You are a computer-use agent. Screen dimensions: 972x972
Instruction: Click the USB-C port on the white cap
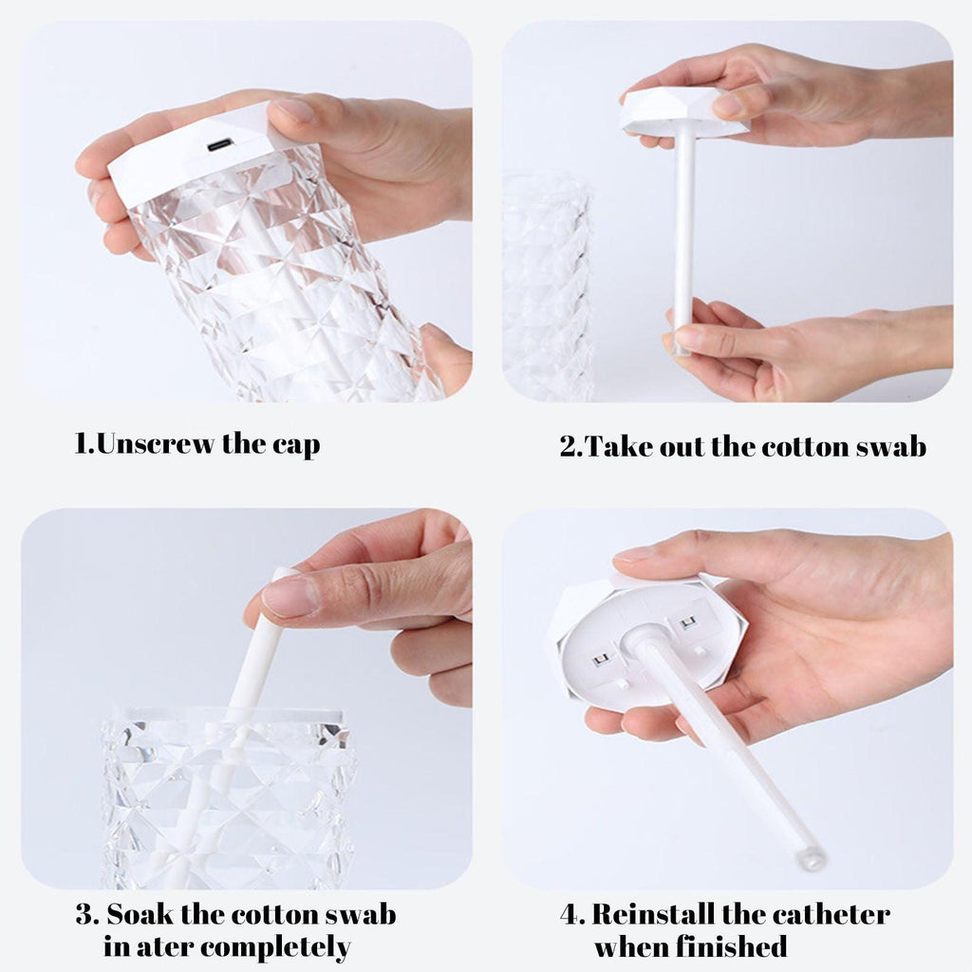(x=218, y=145)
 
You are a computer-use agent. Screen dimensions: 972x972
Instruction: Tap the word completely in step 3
(x=275, y=947)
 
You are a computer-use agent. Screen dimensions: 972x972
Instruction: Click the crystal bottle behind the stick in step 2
(x=548, y=285)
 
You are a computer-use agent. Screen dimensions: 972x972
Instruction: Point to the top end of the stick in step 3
(x=282, y=572)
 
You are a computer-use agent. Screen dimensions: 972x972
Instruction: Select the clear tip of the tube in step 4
(x=811, y=859)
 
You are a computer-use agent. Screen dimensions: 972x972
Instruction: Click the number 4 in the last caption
(x=570, y=915)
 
